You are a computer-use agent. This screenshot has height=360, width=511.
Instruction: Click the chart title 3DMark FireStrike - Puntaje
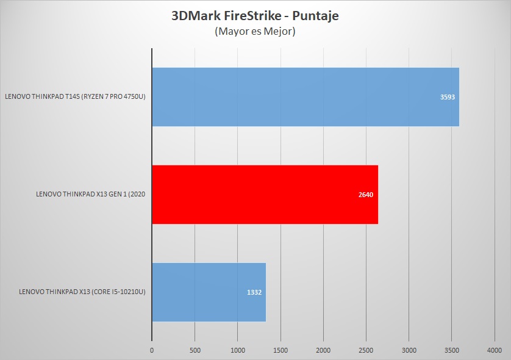click(255, 16)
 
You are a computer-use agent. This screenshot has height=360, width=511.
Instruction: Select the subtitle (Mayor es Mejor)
click(255, 32)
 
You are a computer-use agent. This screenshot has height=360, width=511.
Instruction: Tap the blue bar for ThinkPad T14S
click(305, 96)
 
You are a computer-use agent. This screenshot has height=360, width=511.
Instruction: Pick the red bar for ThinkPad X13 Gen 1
click(265, 195)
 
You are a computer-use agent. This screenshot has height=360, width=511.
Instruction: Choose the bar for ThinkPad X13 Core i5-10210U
click(209, 292)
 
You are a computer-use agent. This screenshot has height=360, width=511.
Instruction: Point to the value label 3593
click(448, 97)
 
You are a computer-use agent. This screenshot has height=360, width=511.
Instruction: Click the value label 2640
click(366, 195)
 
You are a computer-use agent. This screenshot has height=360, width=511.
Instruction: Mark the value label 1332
click(254, 293)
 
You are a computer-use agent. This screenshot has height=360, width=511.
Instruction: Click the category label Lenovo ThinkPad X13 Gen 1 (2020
click(91, 195)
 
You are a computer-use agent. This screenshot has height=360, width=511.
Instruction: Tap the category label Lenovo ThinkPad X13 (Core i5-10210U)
click(82, 292)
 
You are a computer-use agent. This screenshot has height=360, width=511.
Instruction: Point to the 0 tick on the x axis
click(152, 350)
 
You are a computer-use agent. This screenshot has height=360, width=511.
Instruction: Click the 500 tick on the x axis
click(195, 350)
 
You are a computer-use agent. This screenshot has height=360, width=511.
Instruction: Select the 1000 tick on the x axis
click(237, 350)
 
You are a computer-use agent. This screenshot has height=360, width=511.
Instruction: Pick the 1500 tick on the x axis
click(280, 350)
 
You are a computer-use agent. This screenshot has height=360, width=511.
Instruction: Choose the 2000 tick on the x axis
click(323, 350)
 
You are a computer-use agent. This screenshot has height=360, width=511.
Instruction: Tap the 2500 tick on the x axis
click(366, 350)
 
